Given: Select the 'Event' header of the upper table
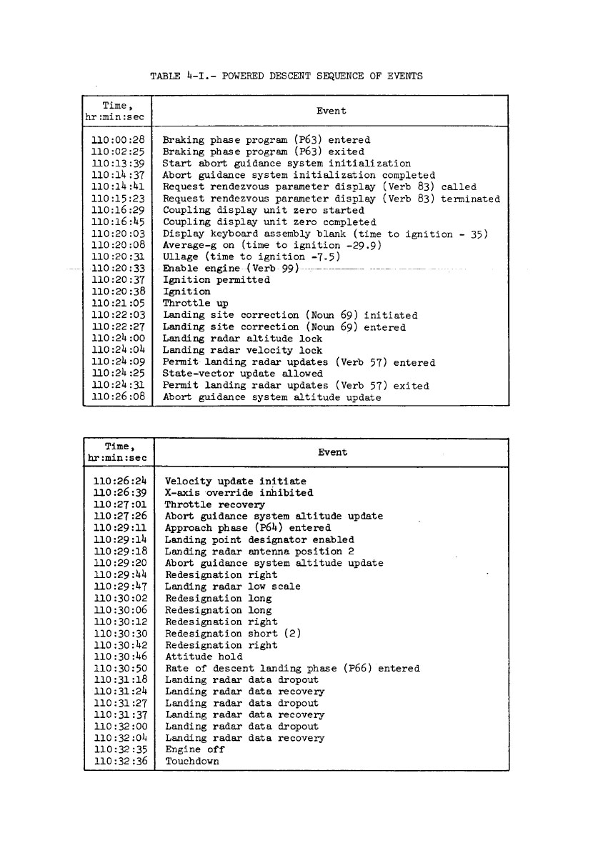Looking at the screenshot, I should pyautogui.click(x=331, y=111).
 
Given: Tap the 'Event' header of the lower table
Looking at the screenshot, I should pyautogui.click(x=332, y=452).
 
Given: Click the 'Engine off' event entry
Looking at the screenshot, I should pyautogui.click(x=194, y=749).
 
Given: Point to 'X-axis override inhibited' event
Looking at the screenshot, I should pyautogui.click(x=239, y=493).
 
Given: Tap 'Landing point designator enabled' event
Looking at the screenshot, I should pyautogui.click(x=259, y=539).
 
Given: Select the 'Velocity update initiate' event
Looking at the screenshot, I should pyautogui.click(x=235, y=482).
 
